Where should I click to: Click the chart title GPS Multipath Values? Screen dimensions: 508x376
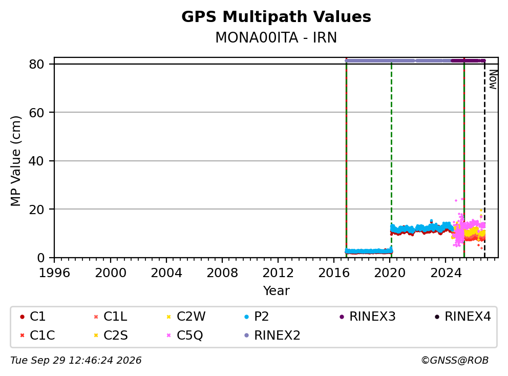click(x=276, y=17)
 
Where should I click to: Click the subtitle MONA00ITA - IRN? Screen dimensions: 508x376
click(x=276, y=37)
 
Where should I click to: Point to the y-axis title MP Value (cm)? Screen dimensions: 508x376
click(x=15, y=161)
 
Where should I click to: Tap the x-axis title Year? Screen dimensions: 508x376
click(x=276, y=291)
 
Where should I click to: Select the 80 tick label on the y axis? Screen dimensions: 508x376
click(x=36, y=64)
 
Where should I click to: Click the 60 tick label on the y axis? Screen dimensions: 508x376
click(x=36, y=113)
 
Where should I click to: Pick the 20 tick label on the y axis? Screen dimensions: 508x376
click(x=36, y=210)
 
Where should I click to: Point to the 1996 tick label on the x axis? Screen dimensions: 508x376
click(x=54, y=273)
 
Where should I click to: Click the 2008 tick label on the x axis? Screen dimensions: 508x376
click(x=222, y=273)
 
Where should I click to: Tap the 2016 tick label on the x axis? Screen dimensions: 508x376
click(x=334, y=273)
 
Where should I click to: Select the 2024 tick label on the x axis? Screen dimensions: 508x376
click(x=446, y=273)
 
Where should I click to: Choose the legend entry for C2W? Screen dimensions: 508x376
click(x=186, y=317)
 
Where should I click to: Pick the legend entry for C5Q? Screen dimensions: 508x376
click(x=185, y=336)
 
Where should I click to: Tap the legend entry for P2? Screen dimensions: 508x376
click(x=256, y=317)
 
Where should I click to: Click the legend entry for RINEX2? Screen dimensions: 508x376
click(x=272, y=336)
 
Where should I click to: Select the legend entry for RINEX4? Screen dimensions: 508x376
click(x=462, y=317)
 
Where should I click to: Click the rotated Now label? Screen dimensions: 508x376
click(x=493, y=79)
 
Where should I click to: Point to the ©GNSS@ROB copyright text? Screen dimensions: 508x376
click(x=455, y=361)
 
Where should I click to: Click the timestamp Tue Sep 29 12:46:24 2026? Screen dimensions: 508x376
click(x=76, y=361)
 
